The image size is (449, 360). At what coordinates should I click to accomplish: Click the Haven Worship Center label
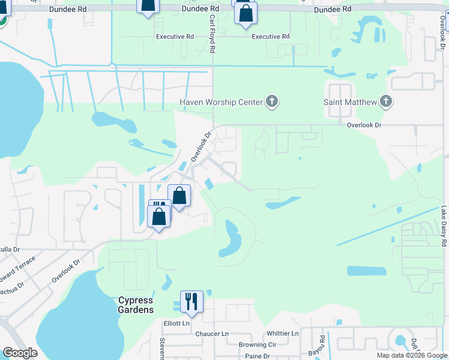[221, 102]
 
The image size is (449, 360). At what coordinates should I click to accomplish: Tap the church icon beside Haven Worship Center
[272, 101]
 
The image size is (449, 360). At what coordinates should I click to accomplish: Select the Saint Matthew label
[350, 102]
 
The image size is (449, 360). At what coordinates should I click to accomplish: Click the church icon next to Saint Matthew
[385, 101]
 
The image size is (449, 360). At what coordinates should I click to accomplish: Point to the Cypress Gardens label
[136, 305]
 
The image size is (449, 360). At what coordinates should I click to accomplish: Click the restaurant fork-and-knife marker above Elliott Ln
[192, 301]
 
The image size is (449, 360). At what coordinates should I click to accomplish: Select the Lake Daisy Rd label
[444, 227]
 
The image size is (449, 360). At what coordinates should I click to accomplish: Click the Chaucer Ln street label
[213, 334]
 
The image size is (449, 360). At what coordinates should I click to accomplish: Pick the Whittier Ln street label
[282, 334]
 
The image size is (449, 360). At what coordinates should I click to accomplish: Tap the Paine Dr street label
[258, 356]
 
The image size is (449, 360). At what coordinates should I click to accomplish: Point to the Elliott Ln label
[176, 323]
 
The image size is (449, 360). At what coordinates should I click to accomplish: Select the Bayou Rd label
[322, 344]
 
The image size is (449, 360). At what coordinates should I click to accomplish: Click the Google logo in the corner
[20, 353]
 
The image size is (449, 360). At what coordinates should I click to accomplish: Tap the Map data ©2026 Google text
[412, 355]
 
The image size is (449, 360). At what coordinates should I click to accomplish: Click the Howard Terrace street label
[17, 270]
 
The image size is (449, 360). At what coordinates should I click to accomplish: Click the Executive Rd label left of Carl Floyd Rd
[175, 37]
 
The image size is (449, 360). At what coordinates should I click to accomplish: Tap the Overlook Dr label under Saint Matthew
[364, 125]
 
